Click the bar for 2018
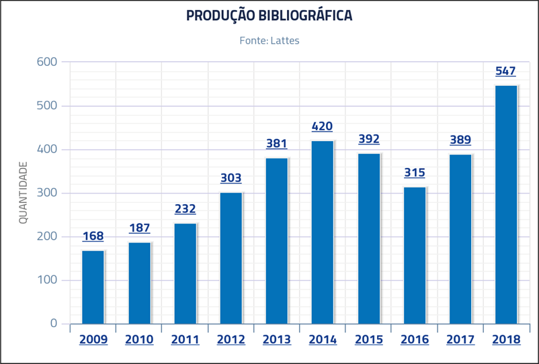pos(506,205)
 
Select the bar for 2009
pos(93,287)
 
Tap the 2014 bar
pos(323,232)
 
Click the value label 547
pos(505,71)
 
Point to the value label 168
pos(93,236)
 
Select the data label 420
pos(322,126)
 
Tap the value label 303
pos(231,178)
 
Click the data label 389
pos(460,140)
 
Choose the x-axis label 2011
pos(185,340)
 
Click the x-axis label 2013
pos(277,340)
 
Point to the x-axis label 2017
pos(460,340)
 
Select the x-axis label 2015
pos(368,340)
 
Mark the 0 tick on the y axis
pos(54,324)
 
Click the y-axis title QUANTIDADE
pos(24,193)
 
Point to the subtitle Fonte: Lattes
pos(269,41)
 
